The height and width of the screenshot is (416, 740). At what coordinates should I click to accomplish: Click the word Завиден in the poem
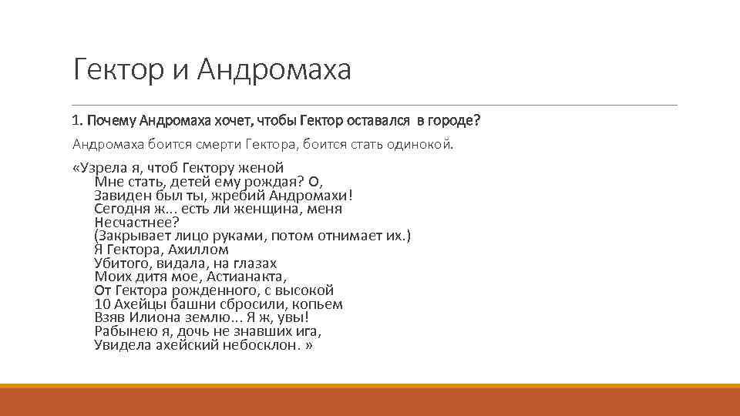coord(119,195)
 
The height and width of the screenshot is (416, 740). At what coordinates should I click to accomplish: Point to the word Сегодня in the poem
coord(120,209)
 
